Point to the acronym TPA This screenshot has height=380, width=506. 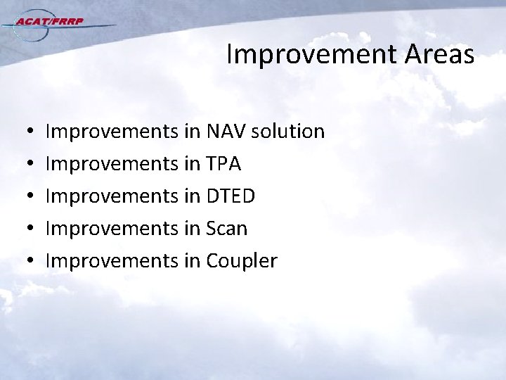coord(223,164)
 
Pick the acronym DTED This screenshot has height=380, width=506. coord(231,196)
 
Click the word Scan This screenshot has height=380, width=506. coord(226,229)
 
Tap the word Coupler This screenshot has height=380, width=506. coord(242,261)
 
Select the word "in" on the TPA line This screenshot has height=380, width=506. coord(193,164)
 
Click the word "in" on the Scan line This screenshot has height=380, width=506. coord(193,229)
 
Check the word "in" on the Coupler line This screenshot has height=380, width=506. coord(193,261)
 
